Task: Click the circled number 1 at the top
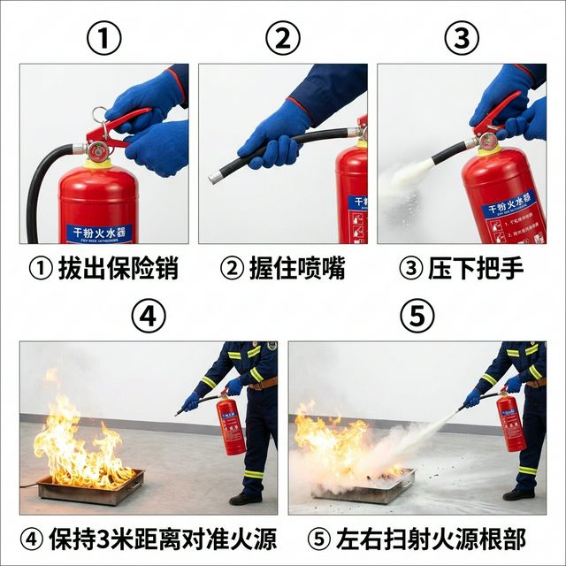[103, 38]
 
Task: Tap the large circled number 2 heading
[283, 38]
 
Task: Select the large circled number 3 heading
[462, 38]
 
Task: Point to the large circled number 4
[149, 316]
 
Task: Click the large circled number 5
[417, 316]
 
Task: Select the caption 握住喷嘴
[283, 267]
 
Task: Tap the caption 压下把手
[462, 267]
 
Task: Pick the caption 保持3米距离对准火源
[149, 538]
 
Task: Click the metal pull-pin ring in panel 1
[98, 116]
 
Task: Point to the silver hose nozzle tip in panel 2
[215, 177]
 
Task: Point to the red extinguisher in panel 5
[510, 421]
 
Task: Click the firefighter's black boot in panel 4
[245, 499]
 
